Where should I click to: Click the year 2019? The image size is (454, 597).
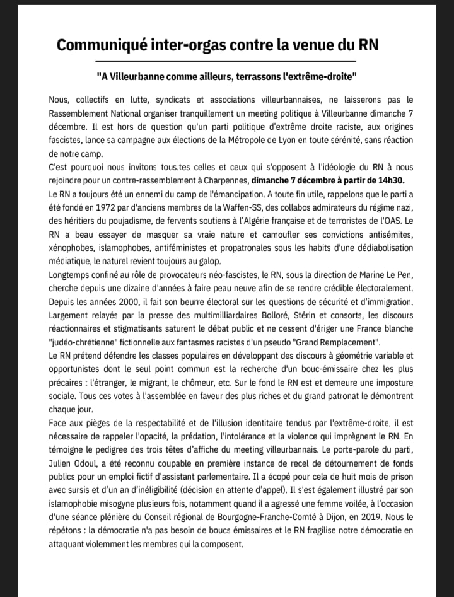378,523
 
